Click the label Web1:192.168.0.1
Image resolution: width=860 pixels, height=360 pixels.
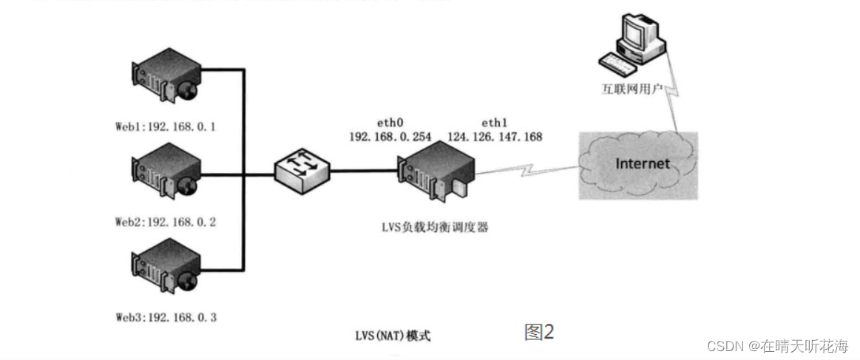[165, 126]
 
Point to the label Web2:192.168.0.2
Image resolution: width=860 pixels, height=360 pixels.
[166, 222]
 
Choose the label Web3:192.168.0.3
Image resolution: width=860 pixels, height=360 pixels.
[166, 317]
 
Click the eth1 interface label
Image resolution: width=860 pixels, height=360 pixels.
[494, 123]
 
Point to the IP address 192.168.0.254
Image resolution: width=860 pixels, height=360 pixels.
[385, 137]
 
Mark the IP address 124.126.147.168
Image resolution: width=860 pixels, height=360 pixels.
[494, 137]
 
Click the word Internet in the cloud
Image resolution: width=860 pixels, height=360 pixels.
[643, 163]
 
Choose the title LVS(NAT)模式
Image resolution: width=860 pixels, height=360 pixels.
[393, 336]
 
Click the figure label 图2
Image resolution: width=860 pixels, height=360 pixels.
[539, 332]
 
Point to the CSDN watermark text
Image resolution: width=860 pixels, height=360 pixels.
[777, 346]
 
